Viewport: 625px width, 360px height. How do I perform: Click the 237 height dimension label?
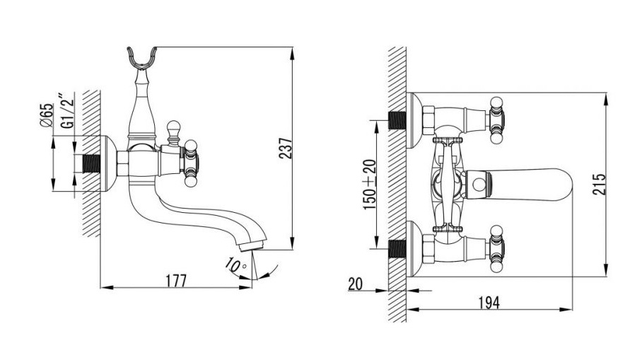pos(286,149)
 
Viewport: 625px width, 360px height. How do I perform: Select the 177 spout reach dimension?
pos(176,280)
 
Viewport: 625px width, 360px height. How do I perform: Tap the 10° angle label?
pos(235,265)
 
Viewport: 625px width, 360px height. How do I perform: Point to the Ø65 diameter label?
pos(46,115)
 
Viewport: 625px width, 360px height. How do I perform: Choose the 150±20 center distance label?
pos(369,185)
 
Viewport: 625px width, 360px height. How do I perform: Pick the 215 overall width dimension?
pos(599,184)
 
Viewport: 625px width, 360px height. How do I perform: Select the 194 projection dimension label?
pos(489,303)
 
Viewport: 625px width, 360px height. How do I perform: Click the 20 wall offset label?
pos(355,284)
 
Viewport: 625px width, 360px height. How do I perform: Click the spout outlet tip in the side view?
pos(252,245)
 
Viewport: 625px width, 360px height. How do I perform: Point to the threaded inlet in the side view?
pos(91,163)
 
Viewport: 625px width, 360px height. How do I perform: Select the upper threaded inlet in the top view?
pos(397,120)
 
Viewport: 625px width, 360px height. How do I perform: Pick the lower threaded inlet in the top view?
pos(397,249)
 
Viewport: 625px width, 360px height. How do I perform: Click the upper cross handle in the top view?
pos(496,120)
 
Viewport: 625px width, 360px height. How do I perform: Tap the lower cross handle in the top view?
pos(496,249)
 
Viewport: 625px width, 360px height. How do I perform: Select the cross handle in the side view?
pos(190,163)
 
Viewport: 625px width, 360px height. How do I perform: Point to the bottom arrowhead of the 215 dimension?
pos(606,269)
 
